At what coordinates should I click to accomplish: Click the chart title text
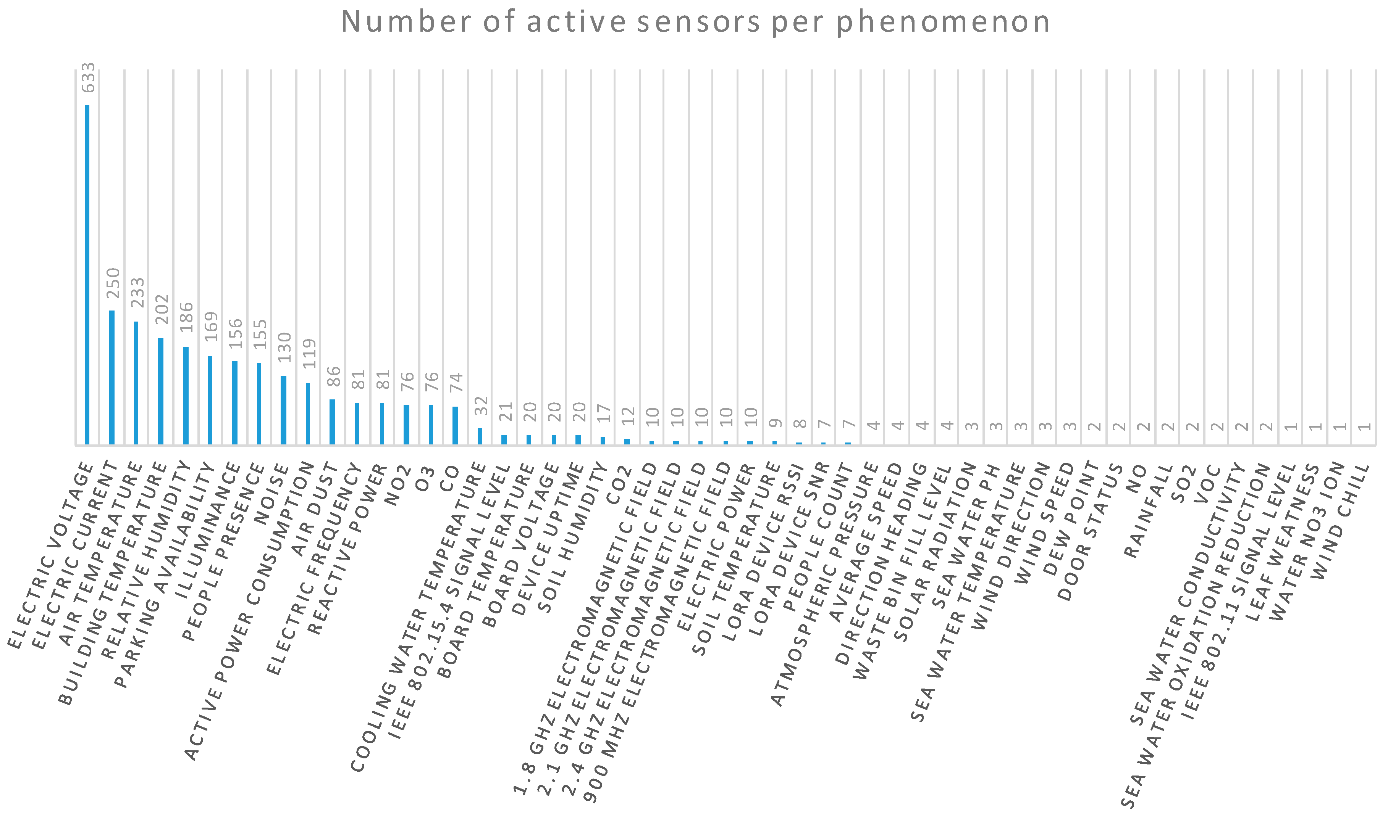point(695,22)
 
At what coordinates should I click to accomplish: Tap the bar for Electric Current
point(111,378)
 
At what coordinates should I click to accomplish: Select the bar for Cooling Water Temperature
point(480,436)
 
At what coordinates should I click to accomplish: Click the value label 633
point(88,78)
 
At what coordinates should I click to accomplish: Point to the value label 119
point(309,353)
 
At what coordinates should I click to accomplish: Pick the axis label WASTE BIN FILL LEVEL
point(903,574)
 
